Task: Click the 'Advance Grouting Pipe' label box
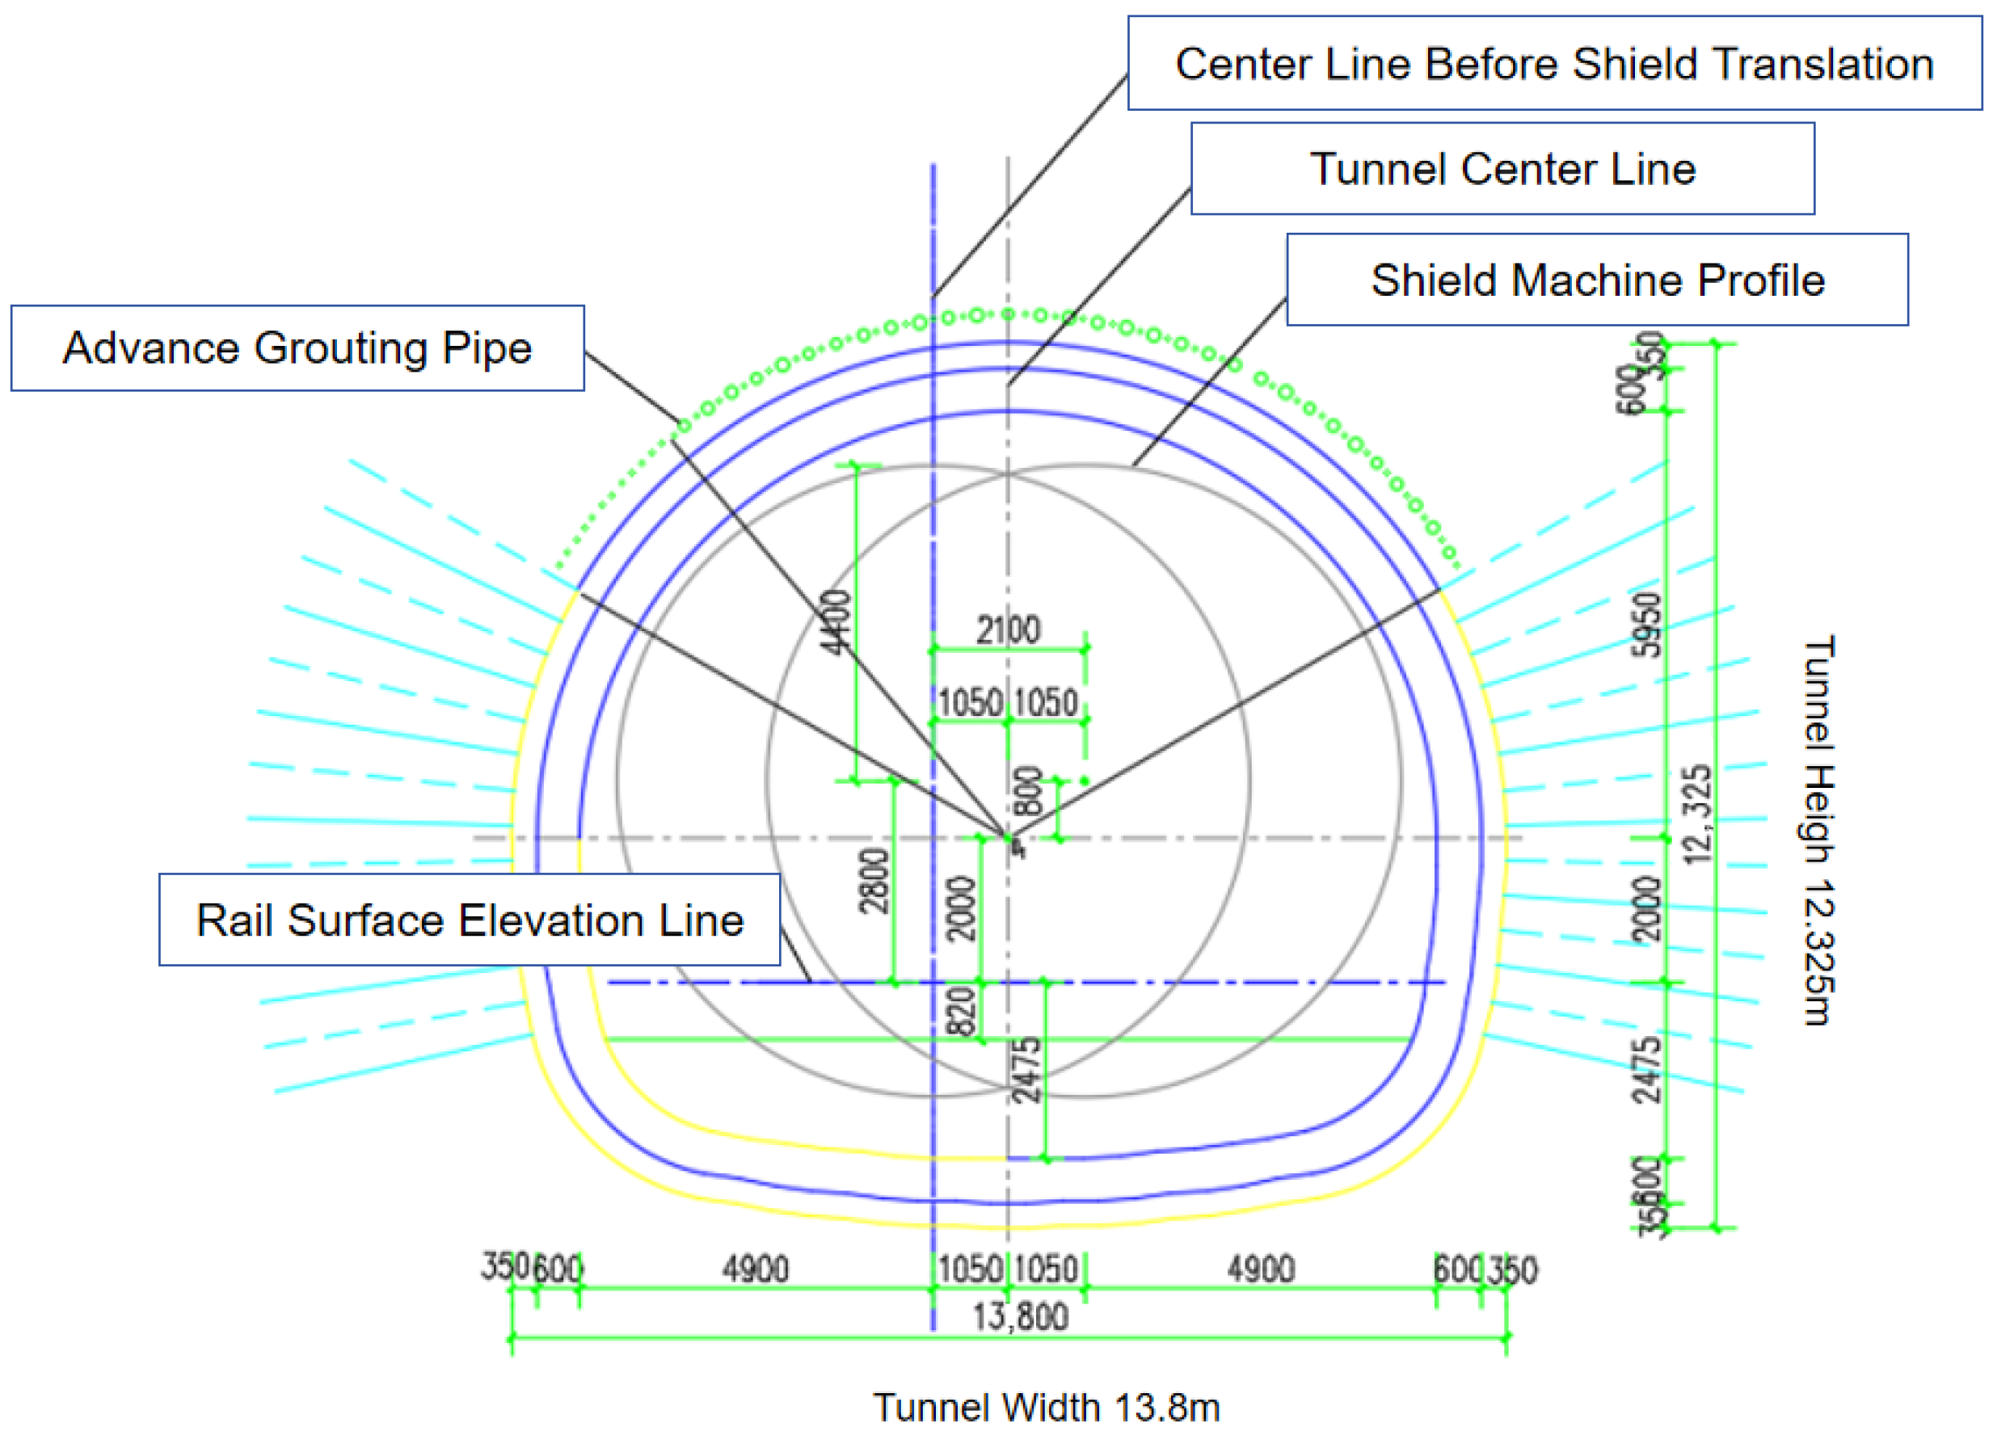point(297,348)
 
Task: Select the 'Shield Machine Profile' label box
point(1597,280)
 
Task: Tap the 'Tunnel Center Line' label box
point(1502,169)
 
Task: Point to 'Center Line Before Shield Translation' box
point(1554,64)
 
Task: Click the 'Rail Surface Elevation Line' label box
point(470,920)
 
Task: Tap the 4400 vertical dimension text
point(836,622)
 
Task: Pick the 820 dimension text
point(964,1010)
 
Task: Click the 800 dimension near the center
point(1029,792)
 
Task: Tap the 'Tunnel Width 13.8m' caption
point(1046,1408)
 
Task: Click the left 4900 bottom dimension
point(755,1269)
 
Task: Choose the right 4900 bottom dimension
point(1260,1269)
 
